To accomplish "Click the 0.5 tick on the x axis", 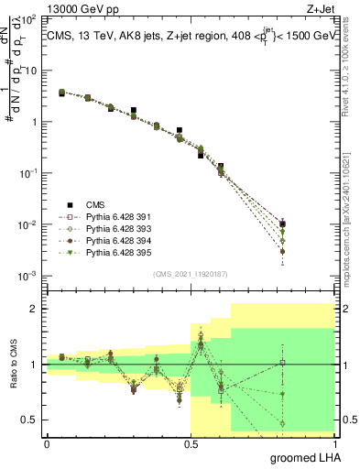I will (x=191, y=443).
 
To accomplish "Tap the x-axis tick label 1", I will (x=335, y=443).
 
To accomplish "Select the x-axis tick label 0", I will (x=46, y=443).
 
